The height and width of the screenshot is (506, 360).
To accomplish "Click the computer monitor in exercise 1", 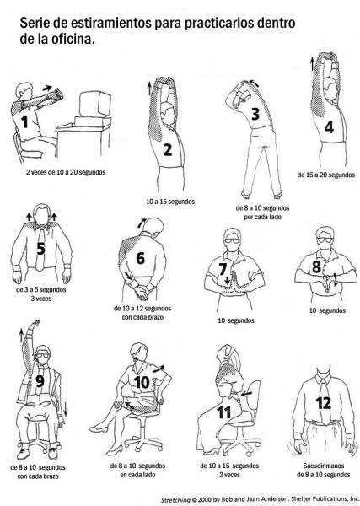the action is tap(94, 104).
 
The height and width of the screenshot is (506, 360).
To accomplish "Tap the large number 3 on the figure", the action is tap(255, 114).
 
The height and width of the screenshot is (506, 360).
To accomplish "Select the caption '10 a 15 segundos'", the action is tap(170, 202).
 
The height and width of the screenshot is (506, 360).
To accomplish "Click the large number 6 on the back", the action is tap(140, 258).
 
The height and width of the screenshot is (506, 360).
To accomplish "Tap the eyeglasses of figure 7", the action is tap(232, 240).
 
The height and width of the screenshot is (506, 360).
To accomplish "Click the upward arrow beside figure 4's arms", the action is tap(312, 63).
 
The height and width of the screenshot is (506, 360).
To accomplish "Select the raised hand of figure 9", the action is tap(34, 324).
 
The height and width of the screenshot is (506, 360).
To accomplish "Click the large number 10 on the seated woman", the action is tap(142, 382).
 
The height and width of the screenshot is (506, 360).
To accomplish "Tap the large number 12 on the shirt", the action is tap(324, 403).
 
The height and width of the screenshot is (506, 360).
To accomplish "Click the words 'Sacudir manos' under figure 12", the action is tap(323, 466).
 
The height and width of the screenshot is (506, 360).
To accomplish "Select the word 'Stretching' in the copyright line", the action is tap(175, 499).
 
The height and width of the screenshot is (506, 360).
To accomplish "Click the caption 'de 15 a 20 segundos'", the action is tap(325, 175).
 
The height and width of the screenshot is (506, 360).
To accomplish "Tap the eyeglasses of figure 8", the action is tap(325, 240).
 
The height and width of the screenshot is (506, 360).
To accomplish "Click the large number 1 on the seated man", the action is tap(24, 122).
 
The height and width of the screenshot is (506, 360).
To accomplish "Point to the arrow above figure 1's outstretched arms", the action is tap(47, 88).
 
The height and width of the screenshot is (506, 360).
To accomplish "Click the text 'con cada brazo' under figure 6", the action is tap(142, 317).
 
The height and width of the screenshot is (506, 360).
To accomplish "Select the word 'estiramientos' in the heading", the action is tap(110, 24).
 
